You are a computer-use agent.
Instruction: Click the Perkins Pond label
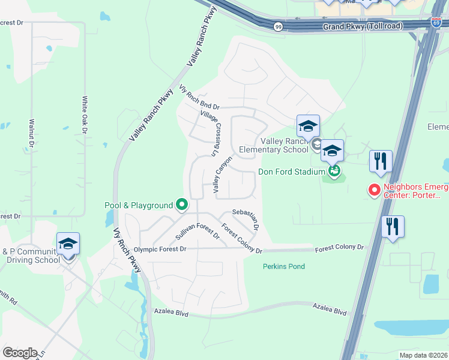tap(283, 266)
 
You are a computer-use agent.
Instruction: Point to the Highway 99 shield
tap(278, 26)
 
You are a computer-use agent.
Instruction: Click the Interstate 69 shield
tap(436, 23)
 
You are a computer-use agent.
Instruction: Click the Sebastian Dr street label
tap(245, 219)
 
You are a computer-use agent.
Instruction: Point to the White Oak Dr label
tap(85, 115)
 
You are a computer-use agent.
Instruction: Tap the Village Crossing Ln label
tap(209, 131)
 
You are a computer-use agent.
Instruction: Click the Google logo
tap(20, 353)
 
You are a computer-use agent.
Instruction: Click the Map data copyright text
tap(424, 355)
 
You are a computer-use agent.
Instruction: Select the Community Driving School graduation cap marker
tap(68, 244)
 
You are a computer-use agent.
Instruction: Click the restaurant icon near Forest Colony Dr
tap(393, 227)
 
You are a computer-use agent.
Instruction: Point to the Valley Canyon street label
tap(222, 174)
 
